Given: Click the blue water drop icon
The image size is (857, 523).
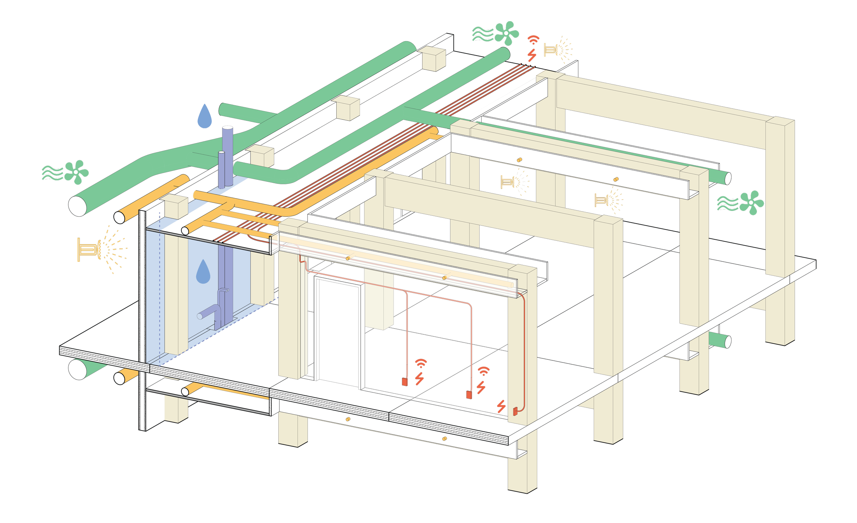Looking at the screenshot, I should [205, 117].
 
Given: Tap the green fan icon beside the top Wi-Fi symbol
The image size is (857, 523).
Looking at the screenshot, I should [506, 33].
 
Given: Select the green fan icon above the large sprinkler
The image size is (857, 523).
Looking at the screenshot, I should [76, 172].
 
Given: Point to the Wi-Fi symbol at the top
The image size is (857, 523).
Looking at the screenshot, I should [533, 40].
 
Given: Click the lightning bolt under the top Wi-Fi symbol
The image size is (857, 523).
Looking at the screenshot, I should [532, 55].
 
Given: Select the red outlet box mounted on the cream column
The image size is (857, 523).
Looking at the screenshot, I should [516, 412].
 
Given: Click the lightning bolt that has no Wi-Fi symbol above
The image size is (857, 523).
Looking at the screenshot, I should [501, 406].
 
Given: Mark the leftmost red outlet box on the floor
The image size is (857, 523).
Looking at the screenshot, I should [405, 382].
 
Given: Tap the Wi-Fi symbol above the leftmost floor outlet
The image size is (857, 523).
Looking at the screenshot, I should [421, 363].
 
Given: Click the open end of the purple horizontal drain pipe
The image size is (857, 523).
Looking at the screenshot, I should [200, 316].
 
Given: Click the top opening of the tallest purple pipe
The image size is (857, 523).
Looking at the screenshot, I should [228, 128].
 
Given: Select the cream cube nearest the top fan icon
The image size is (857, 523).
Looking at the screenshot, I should [431, 58].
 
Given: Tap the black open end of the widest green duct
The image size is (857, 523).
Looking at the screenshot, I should [77, 206].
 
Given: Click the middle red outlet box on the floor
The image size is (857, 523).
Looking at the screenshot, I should [469, 395].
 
